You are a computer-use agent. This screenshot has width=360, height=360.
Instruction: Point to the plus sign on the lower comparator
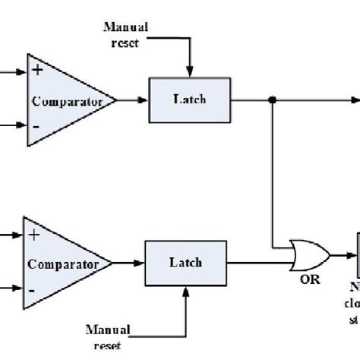coord(33,235)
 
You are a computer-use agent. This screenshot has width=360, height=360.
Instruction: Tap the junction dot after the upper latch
coord(272,99)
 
